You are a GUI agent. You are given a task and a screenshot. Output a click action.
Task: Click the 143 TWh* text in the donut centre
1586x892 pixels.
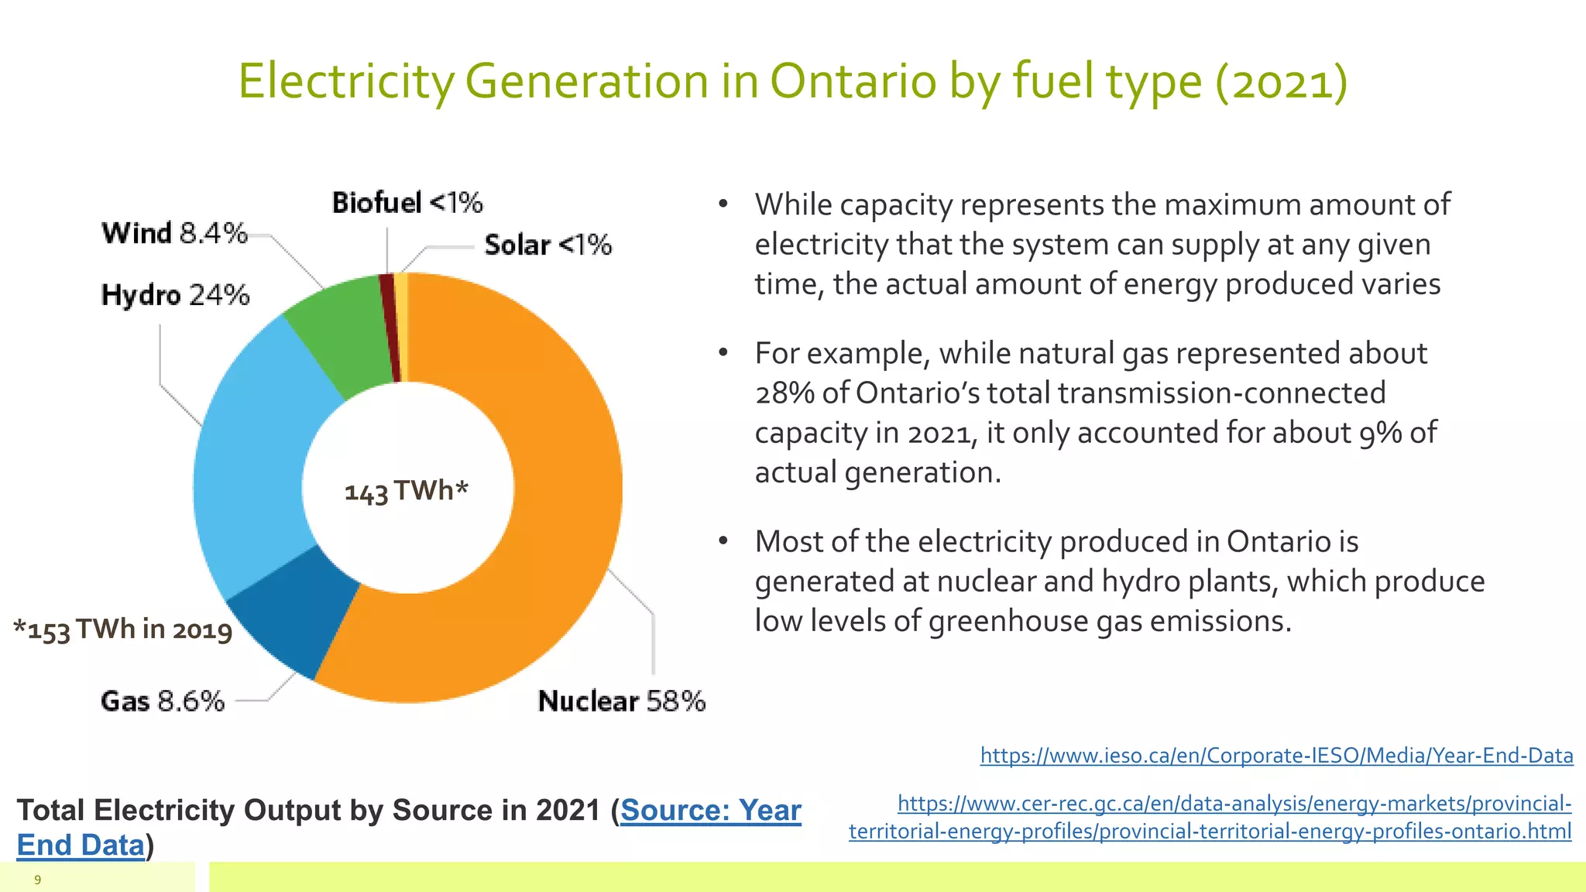[x=407, y=491]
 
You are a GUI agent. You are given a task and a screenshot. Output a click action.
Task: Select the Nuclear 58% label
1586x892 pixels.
[x=622, y=701]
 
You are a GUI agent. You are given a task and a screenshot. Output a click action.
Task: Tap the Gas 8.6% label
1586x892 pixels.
[x=163, y=701]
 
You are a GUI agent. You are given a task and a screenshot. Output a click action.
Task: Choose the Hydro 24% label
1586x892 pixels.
[x=176, y=295]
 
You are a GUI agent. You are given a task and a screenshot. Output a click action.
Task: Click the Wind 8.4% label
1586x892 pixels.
[x=175, y=232]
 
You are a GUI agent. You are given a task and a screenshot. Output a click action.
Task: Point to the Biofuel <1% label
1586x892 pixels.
[x=407, y=203]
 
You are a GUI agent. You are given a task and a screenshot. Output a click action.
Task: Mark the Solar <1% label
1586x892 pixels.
[x=548, y=245]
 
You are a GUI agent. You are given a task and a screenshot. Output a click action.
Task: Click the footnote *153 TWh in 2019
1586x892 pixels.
[x=123, y=630]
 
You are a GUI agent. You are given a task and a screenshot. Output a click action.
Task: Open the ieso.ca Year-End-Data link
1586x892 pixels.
[x=1276, y=755]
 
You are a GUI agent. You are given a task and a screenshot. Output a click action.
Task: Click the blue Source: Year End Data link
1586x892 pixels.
[x=710, y=811]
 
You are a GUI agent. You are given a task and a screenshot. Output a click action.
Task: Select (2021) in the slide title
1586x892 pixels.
[x=1282, y=82]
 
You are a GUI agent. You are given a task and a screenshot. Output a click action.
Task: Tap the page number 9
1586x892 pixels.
[x=37, y=880]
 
